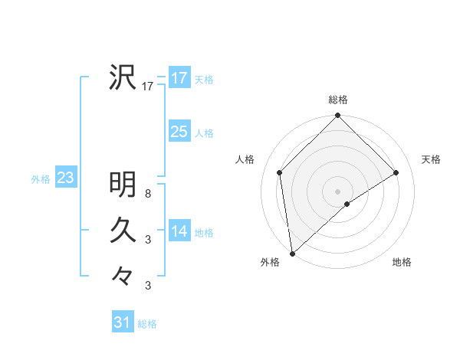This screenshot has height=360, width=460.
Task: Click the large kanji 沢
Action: [x=123, y=77]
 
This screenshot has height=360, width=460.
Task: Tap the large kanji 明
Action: [x=123, y=185]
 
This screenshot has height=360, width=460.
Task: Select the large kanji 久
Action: [x=123, y=229]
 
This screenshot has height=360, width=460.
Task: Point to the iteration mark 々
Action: [x=123, y=273]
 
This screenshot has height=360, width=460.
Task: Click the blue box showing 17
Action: [x=179, y=79]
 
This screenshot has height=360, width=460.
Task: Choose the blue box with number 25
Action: [x=179, y=132]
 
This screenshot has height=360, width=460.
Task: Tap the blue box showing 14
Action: [x=179, y=231]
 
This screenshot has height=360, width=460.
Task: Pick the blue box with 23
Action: [x=65, y=178]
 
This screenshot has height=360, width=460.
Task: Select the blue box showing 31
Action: [x=123, y=322]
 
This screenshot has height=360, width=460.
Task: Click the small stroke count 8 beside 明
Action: [x=148, y=195]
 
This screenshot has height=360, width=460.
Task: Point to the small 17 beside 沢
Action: [x=148, y=87]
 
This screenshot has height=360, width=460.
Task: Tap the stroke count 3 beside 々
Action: [x=148, y=286]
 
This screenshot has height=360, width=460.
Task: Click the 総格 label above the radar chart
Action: [x=338, y=100]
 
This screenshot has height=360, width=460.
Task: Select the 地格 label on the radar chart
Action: [x=402, y=263]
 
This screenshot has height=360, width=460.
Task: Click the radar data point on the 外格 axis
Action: [x=292, y=254]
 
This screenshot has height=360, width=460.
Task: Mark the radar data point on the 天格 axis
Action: [x=396, y=172]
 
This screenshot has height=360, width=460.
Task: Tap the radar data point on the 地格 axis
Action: [x=347, y=204]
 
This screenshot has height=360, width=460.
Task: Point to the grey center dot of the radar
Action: [x=338, y=191]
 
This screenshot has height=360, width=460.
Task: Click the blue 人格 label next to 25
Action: [x=204, y=133]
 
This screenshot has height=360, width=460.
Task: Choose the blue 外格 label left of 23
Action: [x=41, y=179]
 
